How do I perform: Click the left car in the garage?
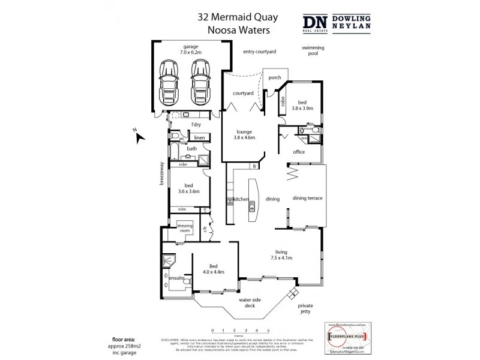click(170, 82)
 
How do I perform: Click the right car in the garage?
click(200, 82)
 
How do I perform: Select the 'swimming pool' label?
click(310, 50)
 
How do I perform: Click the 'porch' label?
click(275, 77)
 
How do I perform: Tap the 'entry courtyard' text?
click(259, 52)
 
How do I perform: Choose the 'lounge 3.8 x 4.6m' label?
click(244, 134)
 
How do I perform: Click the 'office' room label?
click(299, 152)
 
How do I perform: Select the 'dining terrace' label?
click(307, 199)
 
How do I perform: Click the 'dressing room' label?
click(184, 228)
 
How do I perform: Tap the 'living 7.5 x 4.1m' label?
click(280, 255)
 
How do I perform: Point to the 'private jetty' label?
click(306, 308)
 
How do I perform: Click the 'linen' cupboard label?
click(200, 137)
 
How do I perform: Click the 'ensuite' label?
click(176, 278)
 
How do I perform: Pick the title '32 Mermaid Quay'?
click(233, 17)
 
